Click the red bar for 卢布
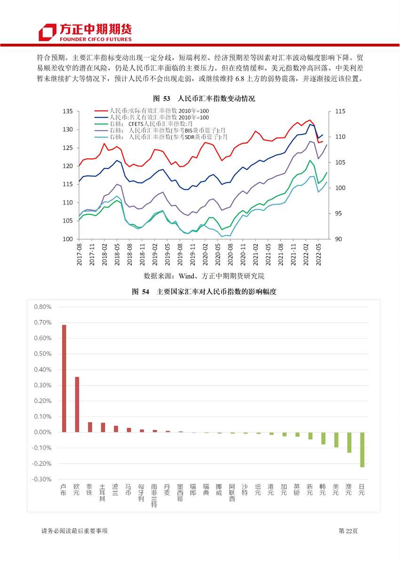(x=64, y=378)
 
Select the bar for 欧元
(x=77, y=404)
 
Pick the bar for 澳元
(x=349, y=443)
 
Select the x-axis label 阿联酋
(x=232, y=493)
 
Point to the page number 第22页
(x=348, y=531)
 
